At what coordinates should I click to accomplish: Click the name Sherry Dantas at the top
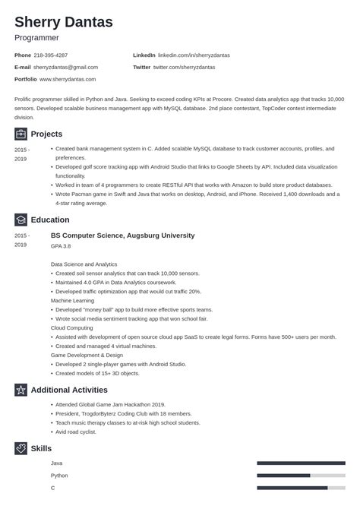click(64, 22)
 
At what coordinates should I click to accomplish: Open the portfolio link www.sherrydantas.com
click(68, 78)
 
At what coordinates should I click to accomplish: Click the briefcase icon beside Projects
click(21, 134)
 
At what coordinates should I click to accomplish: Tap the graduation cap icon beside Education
click(21, 220)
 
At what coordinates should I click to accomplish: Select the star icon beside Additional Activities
click(21, 390)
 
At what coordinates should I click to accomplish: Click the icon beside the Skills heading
click(21, 448)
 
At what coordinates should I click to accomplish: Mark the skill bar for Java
click(300, 463)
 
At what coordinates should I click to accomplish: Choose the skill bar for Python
click(300, 476)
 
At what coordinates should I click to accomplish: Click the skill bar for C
click(300, 488)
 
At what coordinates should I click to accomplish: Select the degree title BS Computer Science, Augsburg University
click(122, 236)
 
